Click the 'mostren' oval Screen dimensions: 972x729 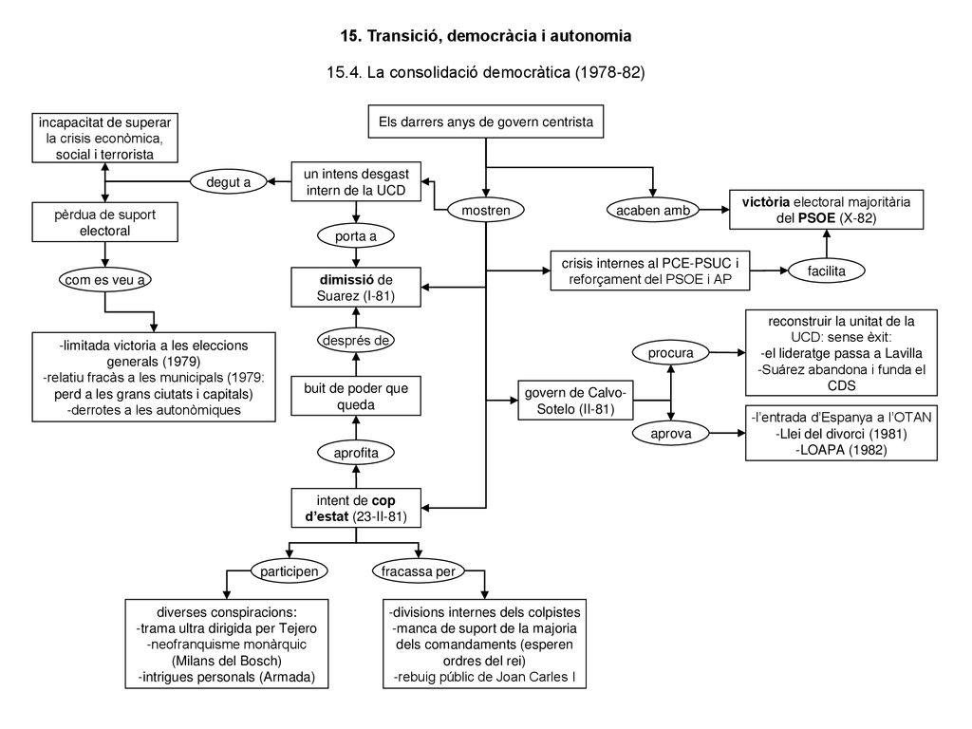[486, 210]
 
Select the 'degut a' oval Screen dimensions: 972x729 [228, 181]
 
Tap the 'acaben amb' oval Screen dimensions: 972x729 [652, 210]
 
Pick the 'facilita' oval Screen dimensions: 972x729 [827, 271]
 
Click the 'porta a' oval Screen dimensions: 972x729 [356, 236]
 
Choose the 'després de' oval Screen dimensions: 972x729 [356, 341]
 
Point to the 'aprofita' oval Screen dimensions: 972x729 [356, 453]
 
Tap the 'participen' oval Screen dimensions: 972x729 [289, 570]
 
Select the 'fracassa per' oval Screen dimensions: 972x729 [418, 570]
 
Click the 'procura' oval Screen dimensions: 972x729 [671, 353]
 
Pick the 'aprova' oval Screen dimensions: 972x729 [671, 433]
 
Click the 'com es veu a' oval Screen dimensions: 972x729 [104, 280]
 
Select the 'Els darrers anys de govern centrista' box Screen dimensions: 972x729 [486, 121]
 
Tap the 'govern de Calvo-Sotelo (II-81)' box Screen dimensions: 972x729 [575, 401]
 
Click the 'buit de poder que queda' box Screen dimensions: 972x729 [356, 396]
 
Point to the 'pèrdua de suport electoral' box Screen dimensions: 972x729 [104, 222]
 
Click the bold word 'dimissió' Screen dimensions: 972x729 [346, 280]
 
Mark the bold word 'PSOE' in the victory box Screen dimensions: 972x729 [816, 218]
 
